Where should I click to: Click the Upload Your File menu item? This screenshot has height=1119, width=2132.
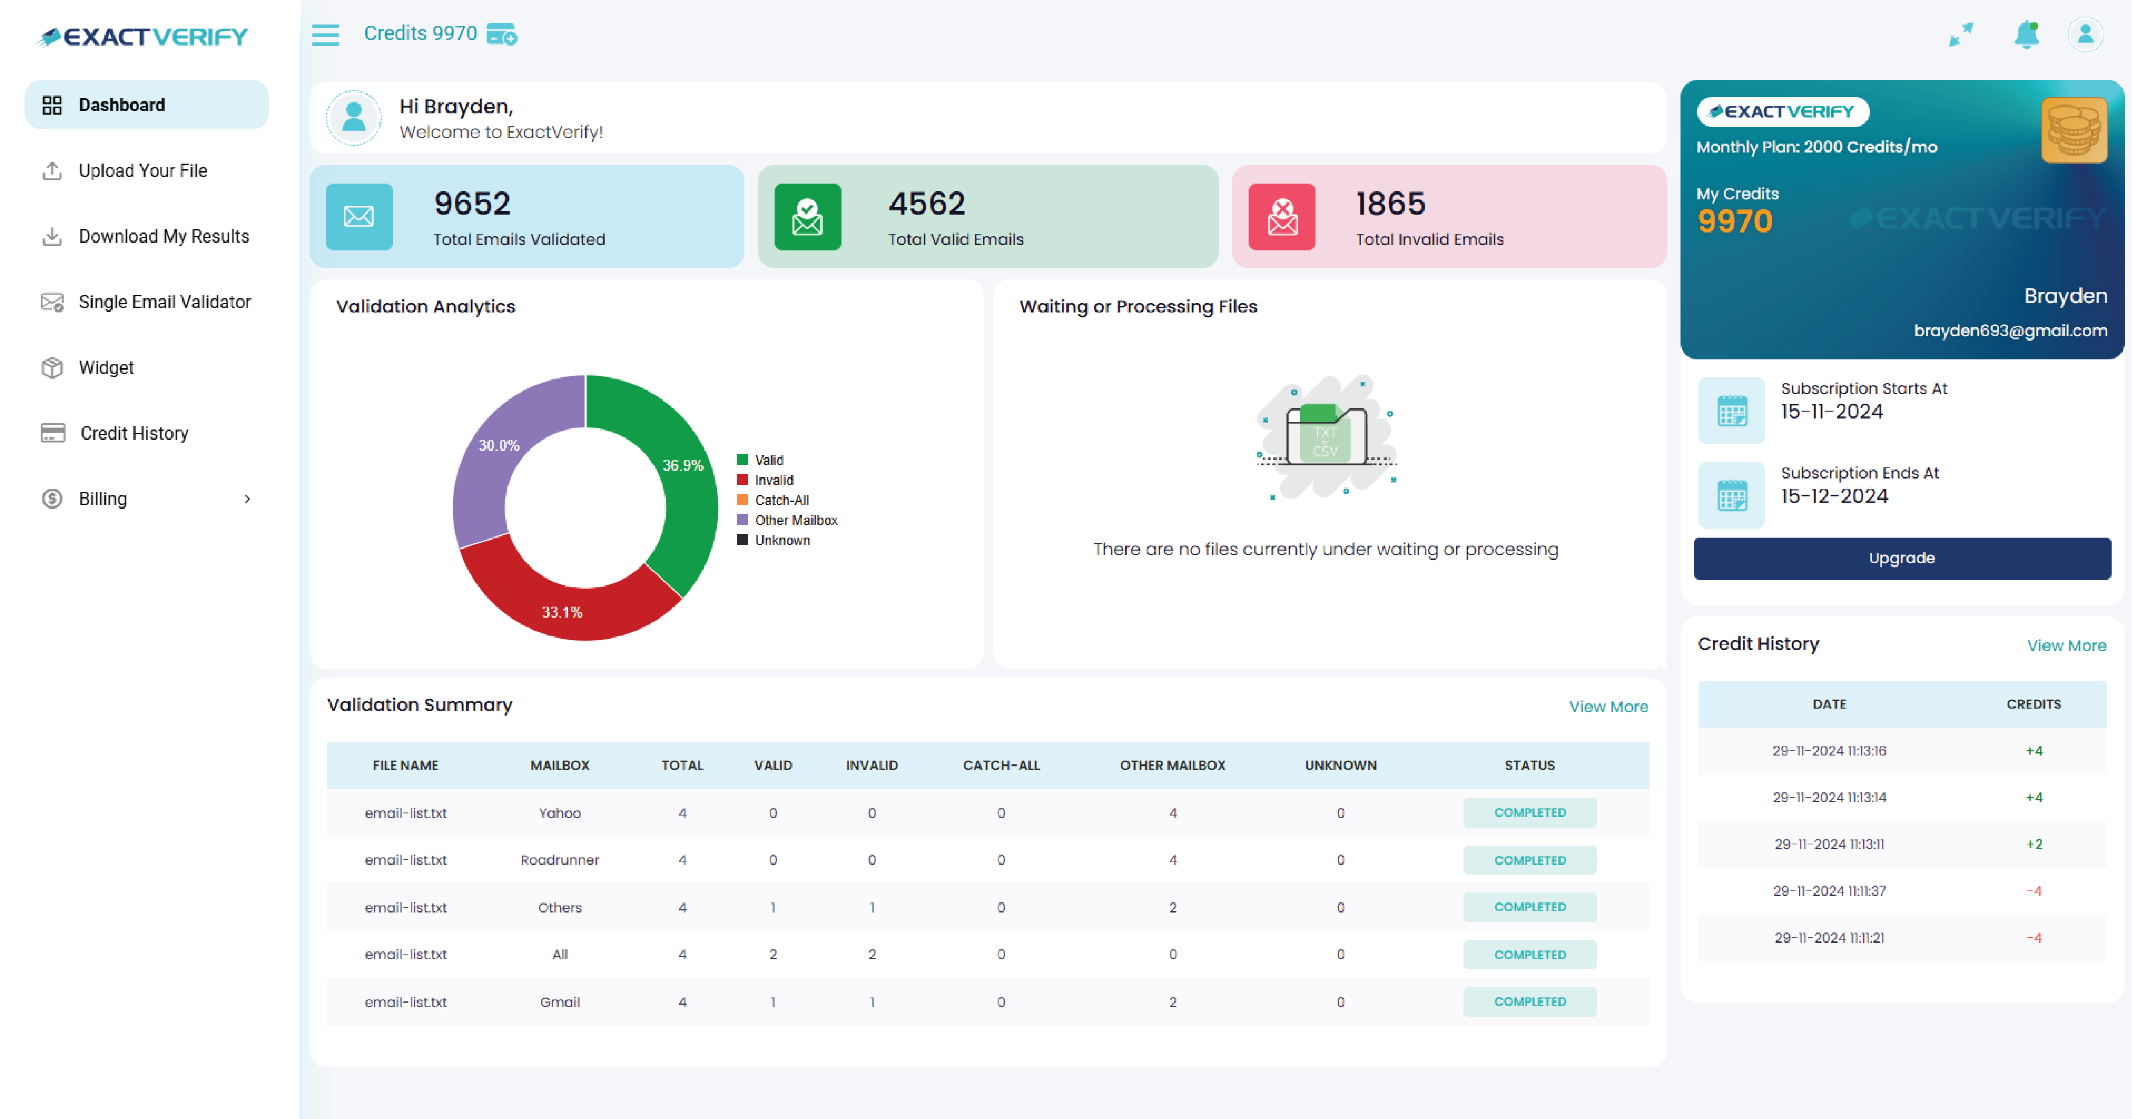pos(142,171)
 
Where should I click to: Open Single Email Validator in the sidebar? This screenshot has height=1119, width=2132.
pos(164,302)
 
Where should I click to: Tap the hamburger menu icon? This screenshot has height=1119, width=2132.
pos(325,35)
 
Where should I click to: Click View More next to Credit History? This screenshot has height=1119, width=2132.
pos(2066,645)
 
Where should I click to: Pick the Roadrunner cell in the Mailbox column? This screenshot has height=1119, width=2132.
pos(559,860)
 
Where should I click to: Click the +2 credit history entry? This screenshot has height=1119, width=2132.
pos(2034,844)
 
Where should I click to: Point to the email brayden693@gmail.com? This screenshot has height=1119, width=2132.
pos(2010,330)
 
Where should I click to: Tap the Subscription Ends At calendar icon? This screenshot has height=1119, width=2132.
pos(1732,496)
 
